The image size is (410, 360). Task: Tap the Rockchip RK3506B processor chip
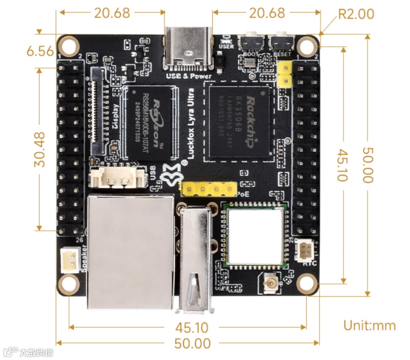[x=239, y=121]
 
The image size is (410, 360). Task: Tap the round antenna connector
[x=271, y=283]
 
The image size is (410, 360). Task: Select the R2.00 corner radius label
[x=356, y=14]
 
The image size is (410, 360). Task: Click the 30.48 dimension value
[x=39, y=149]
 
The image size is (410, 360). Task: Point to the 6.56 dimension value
[x=40, y=51]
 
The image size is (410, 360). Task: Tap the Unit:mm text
[x=369, y=325]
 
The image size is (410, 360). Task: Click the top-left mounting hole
[x=68, y=47]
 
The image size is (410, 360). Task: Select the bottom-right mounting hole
[x=307, y=284]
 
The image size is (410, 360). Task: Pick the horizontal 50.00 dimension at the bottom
[x=192, y=343]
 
